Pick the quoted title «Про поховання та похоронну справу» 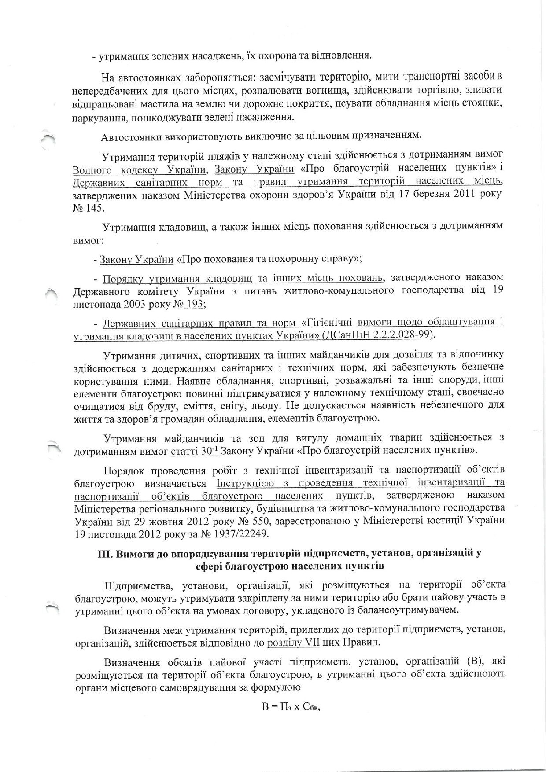pyautogui.click(x=269, y=258)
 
